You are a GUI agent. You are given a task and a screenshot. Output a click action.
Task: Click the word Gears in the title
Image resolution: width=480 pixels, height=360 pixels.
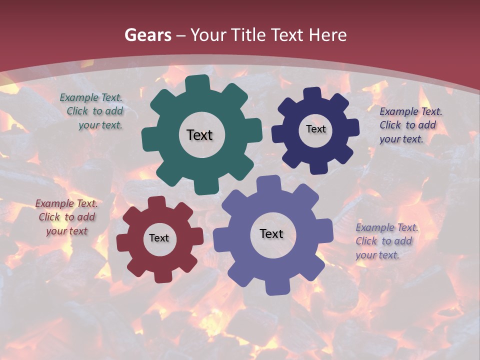pyautogui.click(x=147, y=35)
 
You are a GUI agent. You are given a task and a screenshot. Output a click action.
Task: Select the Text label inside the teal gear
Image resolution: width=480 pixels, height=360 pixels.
pyautogui.click(x=199, y=135)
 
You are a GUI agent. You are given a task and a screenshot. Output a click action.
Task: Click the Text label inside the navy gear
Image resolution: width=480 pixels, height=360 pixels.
pyautogui.click(x=315, y=129)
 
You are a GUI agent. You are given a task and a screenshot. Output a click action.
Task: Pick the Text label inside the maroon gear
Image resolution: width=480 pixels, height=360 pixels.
pyautogui.click(x=158, y=238)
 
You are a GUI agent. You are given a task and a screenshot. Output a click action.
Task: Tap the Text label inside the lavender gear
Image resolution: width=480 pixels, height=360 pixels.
pyautogui.click(x=271, y=233)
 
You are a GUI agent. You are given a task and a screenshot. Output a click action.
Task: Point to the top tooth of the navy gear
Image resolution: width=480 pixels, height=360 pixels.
pyautogui.click(x=312, y=93)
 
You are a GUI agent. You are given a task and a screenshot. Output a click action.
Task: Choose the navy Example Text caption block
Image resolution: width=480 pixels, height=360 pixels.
pyautogui.click(x=410, y=125)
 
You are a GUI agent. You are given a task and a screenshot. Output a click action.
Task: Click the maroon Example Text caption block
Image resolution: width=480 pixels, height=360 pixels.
pyautogui.click(x=66, y=217)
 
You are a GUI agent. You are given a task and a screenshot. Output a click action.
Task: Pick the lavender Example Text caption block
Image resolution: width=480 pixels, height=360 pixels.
pyautogui.click(x=386, y=241)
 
